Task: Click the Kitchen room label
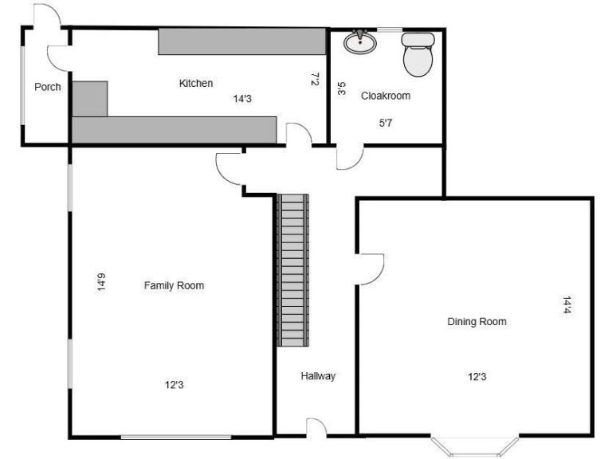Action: tap(195, 83)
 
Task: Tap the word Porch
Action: tap(48, 87)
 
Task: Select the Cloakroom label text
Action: tap(386, 96)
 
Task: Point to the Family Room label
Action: tap(174, 285)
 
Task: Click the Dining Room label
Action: tap(477, 322)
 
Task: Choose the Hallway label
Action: tap(318, 376)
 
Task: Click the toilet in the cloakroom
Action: tap(417, 53)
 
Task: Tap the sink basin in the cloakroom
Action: tap(361, 42)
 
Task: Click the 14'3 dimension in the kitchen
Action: tap(242, 100)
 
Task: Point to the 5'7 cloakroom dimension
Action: tap(386, 123)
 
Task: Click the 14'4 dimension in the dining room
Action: tap(567, 305)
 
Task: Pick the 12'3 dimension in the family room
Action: tap(175, 386)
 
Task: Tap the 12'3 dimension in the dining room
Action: tap(477, 377)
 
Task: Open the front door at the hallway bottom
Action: tap(316, 427)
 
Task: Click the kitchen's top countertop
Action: tap(241, 41)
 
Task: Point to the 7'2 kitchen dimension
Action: tap(315, 80)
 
